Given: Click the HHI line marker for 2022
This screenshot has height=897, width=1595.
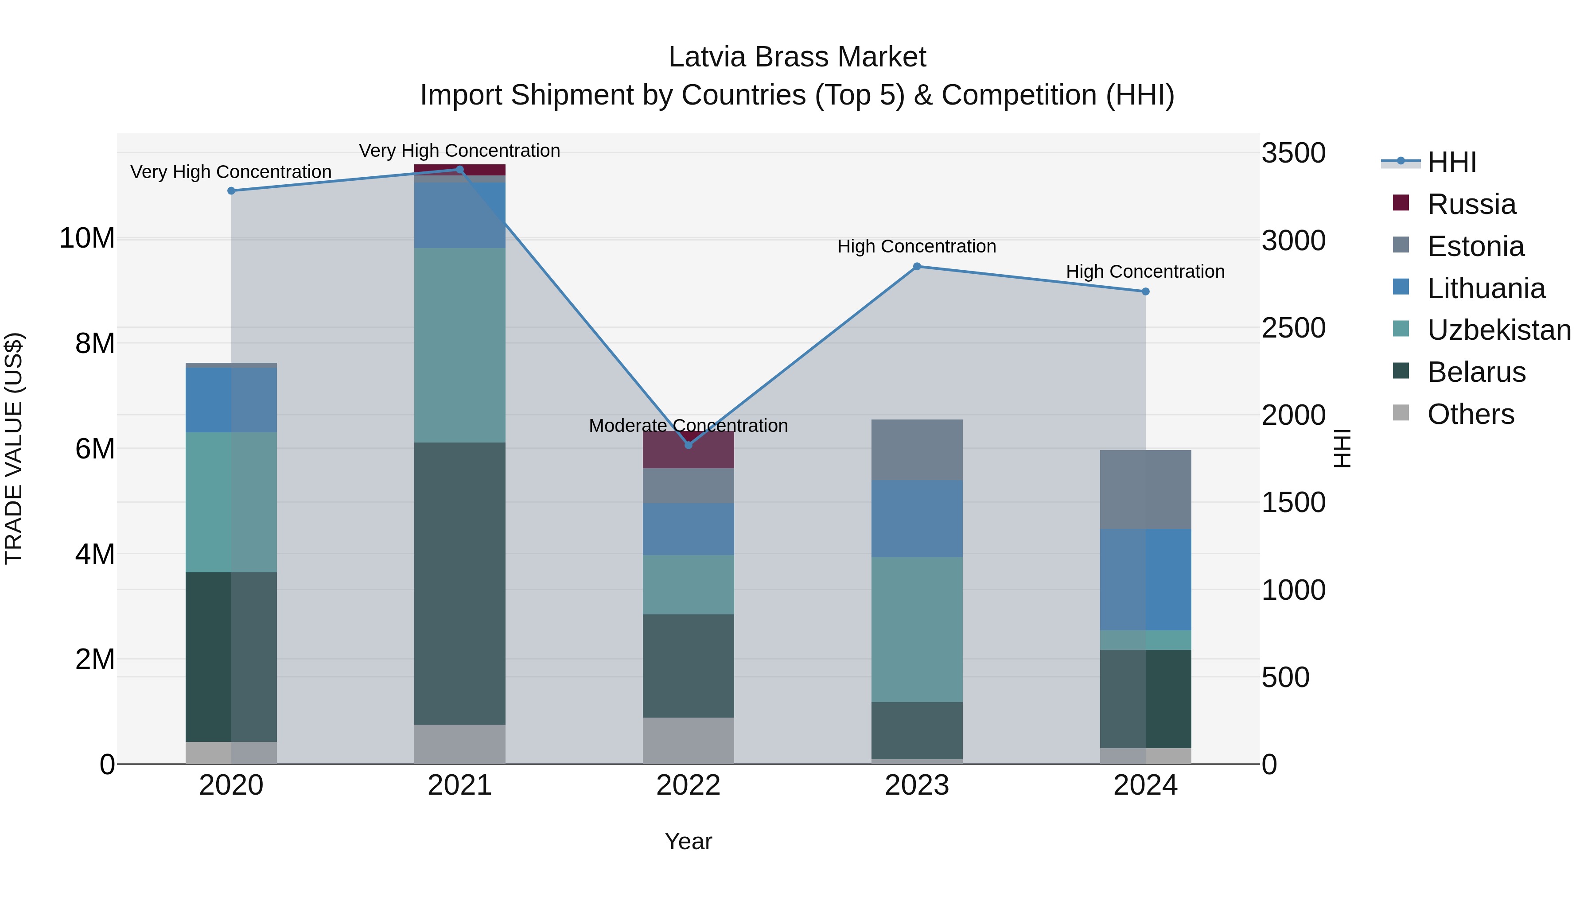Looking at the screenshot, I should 688,445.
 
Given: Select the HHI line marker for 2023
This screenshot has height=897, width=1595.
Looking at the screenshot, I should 917,267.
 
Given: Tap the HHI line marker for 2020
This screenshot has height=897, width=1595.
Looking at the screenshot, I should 232,190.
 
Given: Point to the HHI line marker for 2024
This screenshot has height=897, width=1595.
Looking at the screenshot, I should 1145,291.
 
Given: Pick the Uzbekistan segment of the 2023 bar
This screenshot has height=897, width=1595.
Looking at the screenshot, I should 917,629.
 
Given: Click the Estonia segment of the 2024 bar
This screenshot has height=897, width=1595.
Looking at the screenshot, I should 1145,489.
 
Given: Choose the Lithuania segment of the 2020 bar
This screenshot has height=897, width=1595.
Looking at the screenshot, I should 232,400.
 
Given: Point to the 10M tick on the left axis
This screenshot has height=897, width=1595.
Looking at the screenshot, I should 87,238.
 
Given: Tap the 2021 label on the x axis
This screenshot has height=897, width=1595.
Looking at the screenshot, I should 459,785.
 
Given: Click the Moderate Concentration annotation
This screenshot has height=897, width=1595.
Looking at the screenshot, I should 688,425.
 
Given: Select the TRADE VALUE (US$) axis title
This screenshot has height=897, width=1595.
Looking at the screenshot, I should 14,448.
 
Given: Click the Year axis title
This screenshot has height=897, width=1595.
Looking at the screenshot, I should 688,841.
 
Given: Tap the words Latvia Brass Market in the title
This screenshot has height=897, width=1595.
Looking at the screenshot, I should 797,57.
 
